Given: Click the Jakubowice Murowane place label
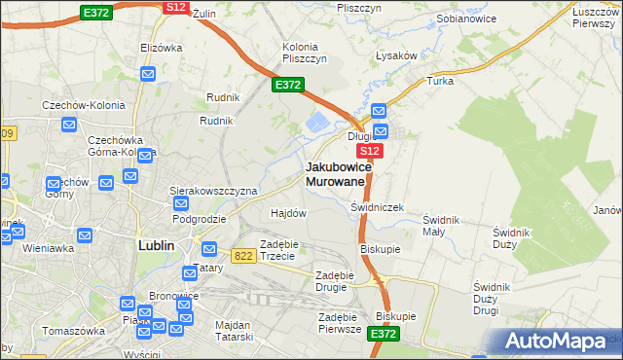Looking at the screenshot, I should pyautogui.click(x=335, y=174).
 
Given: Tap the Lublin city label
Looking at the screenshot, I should pyautogui.click(x=156, y=246).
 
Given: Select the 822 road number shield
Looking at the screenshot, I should pyautogui.click(x=243, y=255).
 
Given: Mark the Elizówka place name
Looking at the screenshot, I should pyautogui.click(x=162, y=47).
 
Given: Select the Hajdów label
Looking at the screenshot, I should pyautogui.click(x=288, y=213).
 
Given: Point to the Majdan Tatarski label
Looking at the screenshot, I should pyautogui.click(x=231, y=331).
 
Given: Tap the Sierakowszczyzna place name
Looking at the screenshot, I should pyautogui.click(x=213, y=191).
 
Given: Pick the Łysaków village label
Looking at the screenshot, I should pyautogui.click(x=397, y=55).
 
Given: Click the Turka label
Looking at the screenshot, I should pyautogui.click(x=440, y=81).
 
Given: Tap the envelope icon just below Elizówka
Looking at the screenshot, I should pyautogui.click(x=148, y=73).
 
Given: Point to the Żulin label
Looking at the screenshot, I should pyautogui.click(x=202, y=14).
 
